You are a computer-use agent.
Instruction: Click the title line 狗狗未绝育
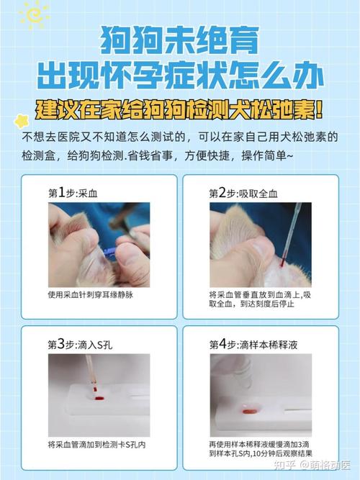click(179, 40)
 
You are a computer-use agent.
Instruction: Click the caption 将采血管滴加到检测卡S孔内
click(96, 444)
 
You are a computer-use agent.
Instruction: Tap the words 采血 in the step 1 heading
click(96, 193)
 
